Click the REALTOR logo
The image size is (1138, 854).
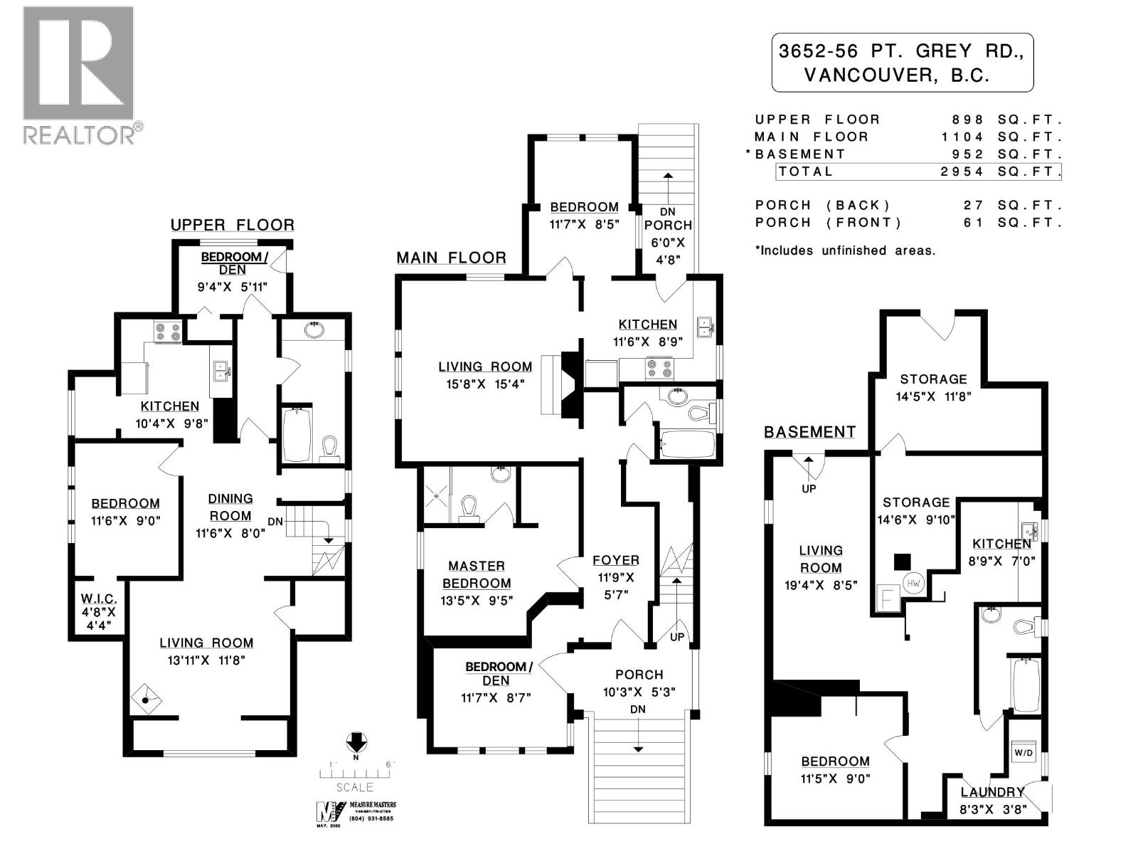pyautogui.click(x=78, y=75)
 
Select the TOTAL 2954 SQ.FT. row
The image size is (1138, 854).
pyautogui.click(x=918, y=172)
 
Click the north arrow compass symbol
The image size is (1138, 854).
pyautogui.click(x=356, y=743)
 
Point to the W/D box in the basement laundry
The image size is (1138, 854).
pyautogui.click(x=1023, y=752)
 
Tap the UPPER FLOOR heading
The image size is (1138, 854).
pyautogui.click(x=232, y=225)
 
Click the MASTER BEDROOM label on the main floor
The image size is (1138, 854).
pyautogui.click(x=477, y=574)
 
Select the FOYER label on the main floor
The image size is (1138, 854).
pyautogui.click(x=616, y=560)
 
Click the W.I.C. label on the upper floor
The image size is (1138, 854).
pyautogui.click(x=99, y=600)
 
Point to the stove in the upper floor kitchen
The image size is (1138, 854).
pyautogui.click(x=169, y=332)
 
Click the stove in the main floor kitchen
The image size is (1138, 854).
pyautogui.click(x=659, y=369)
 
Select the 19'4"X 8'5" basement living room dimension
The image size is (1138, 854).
pyautogui.click(x=820, y=585)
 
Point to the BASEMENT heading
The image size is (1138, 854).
pyautogui.click(x=809, y=432)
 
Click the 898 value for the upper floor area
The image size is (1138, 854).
pyautogui.click(x=969, y=120)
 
